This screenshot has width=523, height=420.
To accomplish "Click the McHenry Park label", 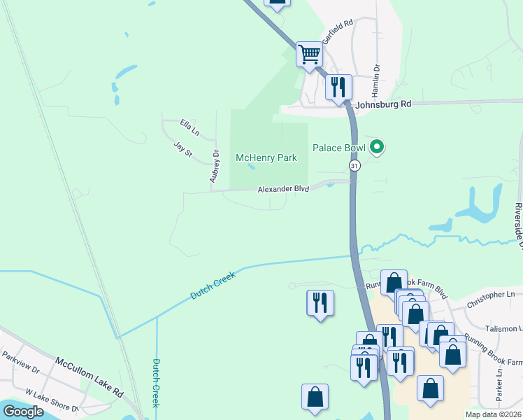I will click(x=266, y=157).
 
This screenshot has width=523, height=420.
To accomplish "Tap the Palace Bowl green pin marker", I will click(x=378, y=147).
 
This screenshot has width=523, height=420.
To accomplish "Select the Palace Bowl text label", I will click(x=339, y=148).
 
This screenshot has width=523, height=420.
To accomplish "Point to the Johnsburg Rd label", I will click(x=383, y=104).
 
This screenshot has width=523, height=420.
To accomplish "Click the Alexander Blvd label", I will click(x=282, y=189).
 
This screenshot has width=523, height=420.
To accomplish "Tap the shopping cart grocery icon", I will click(x=309, y=53).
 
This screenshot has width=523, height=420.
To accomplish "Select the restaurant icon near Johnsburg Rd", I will click(x=338, y=87).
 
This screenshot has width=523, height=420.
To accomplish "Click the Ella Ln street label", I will click(x=189, y=127).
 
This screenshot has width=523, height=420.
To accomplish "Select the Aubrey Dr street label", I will click(x=215, y=167).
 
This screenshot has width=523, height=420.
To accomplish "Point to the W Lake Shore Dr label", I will click(x=53, y=402).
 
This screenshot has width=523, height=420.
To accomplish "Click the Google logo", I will click(x=23, y=412).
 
